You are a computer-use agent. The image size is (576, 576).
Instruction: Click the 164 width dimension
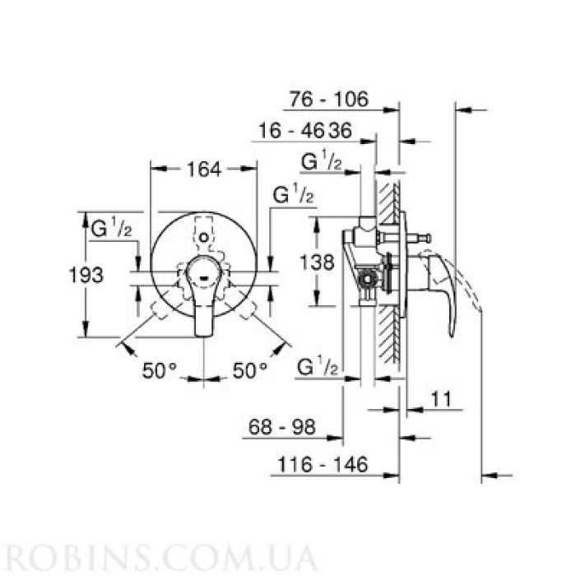click(x=203, y=170)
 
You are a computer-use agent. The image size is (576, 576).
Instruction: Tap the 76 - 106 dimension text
click(x=328, y=100)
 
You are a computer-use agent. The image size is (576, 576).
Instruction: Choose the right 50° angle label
click(x=250, y=371)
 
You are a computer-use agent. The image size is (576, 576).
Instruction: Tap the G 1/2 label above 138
click(x=294, y=196)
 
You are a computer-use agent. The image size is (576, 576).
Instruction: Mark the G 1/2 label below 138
click(x=317, y=365)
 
